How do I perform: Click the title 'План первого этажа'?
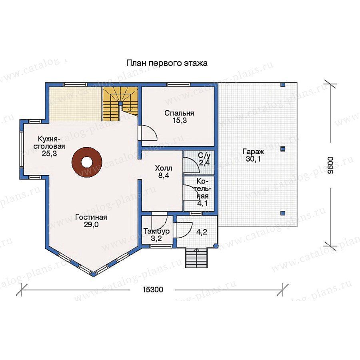click(167, 63)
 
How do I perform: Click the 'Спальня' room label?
click(179, 113)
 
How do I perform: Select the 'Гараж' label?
click(253, 152)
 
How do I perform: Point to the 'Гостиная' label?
click(91, 217)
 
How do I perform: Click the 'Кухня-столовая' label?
click(49, 142)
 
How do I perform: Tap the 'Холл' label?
click(164, 168)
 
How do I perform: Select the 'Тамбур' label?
click(156, 231)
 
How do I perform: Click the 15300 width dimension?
click(153, 290)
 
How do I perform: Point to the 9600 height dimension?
click(330, 165)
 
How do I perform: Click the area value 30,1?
click(253, 159)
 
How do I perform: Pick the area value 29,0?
click(91, 224)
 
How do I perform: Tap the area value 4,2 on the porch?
click(202, 232)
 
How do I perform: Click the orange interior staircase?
click(120, 103)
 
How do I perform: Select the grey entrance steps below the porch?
click(196, 258)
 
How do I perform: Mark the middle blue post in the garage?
click(283, 148)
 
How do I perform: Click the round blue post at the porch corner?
click(215, 246)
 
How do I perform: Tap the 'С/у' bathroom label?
click(204, 156)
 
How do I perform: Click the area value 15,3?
click(180, 120)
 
